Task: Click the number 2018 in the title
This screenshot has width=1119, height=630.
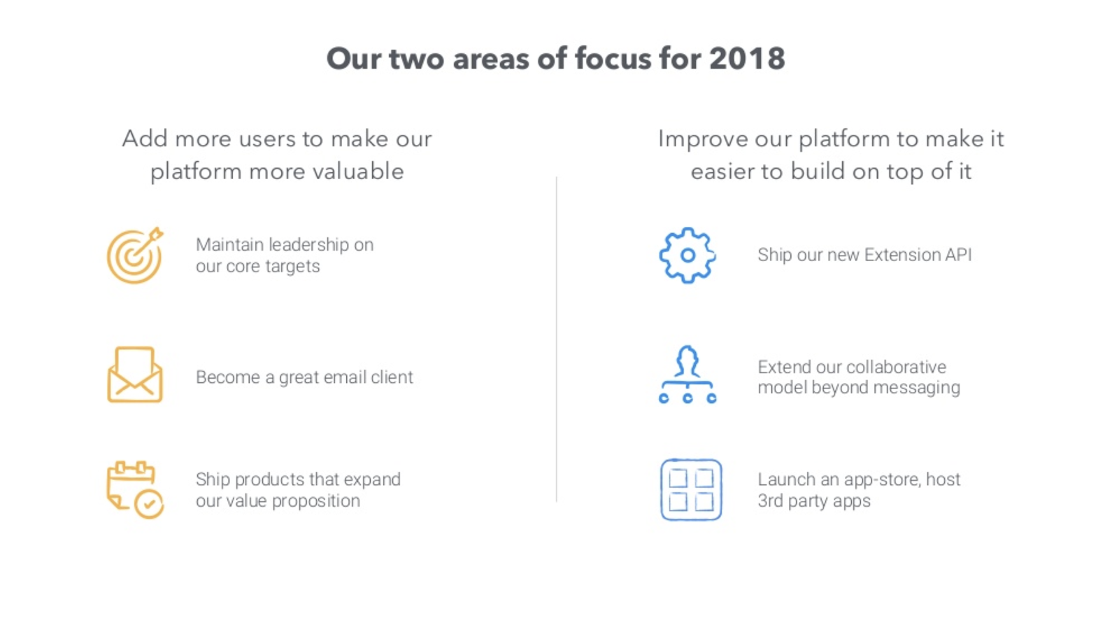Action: coord(747,59)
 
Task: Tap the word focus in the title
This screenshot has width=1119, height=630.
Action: coord(613,59)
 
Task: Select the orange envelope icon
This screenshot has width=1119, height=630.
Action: coord(135,374)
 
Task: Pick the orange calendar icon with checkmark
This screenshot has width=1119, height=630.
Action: coord(135,489)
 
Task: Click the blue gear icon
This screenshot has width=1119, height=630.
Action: coord(687,255)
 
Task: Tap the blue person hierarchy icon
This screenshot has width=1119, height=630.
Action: coord(687,374)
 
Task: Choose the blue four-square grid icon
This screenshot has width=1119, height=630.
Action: coord(691,489)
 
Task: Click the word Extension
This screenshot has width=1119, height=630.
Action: coord(902,255)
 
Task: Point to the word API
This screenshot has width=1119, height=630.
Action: coord(958,255)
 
